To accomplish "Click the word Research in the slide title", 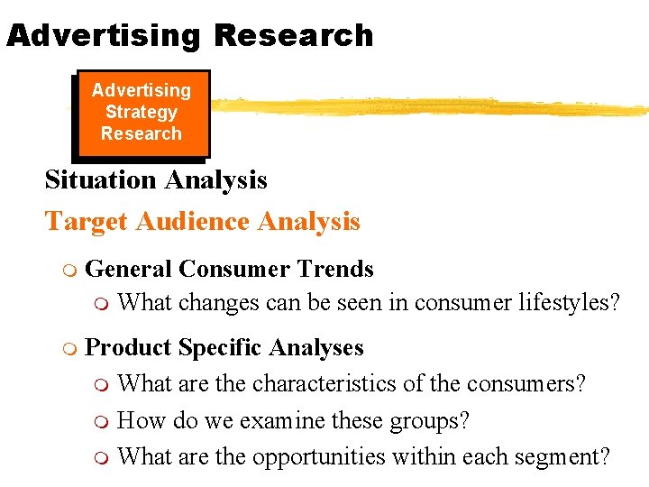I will click(x=294, y=35).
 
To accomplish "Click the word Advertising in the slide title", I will click(x=102, y=35).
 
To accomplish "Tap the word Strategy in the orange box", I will click(x=142, y=112).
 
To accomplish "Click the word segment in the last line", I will click(x=559, y=457).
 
